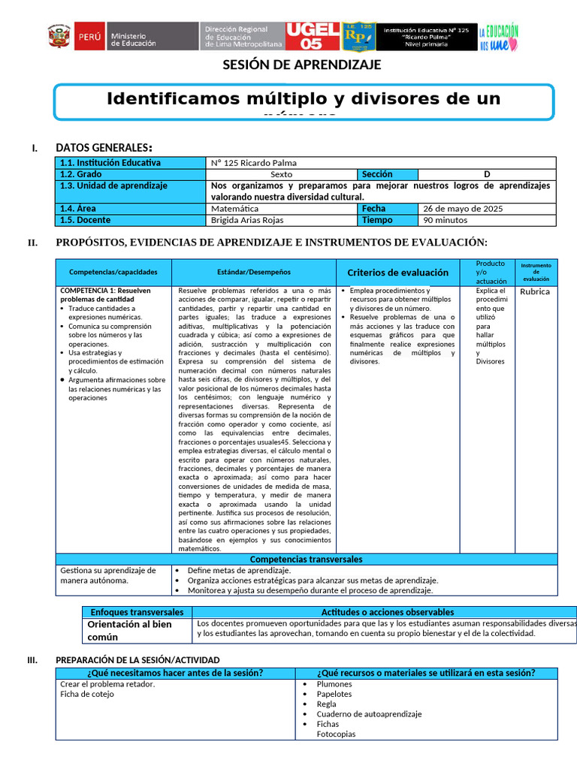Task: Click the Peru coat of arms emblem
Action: pos(59,37)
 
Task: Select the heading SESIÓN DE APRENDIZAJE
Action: pos(302,65)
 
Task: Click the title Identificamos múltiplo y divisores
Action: pos(304,99)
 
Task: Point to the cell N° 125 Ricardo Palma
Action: pos(255,162)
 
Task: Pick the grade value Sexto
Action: pos(281,173)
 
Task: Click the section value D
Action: pos(486,173)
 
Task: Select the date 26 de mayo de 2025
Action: pos(463,208)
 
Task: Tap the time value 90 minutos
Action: pos(446,220)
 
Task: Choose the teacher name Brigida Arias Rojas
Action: pos(249,220)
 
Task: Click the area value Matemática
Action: pos(234,208)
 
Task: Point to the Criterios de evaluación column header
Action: pos(397,273)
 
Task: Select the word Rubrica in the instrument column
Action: pos(535,291)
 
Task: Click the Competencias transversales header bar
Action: pos(306,559)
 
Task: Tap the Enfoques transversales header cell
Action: pos(137,612)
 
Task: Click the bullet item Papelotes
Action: pos(334,694)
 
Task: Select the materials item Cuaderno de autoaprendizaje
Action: pos(369,714)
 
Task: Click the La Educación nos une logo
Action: pos(500,37)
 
